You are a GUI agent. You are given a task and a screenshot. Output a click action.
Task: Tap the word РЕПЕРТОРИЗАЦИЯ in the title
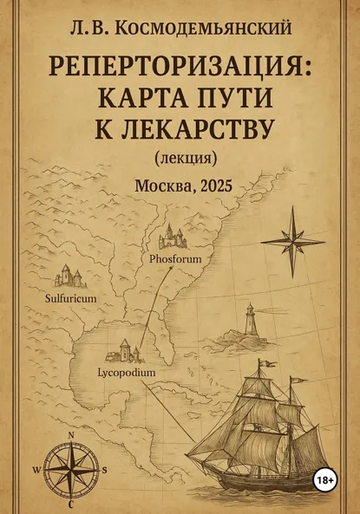pos(179,65)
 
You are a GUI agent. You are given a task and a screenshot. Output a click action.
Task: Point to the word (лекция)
pos(184,159)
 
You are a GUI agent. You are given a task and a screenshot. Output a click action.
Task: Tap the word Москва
pos(160,185)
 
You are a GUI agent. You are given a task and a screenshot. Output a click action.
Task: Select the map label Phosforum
pos(174,258)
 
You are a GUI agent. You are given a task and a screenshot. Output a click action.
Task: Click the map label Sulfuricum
pos(64,297)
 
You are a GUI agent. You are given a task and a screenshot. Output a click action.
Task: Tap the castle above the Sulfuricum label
pos(68,277)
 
